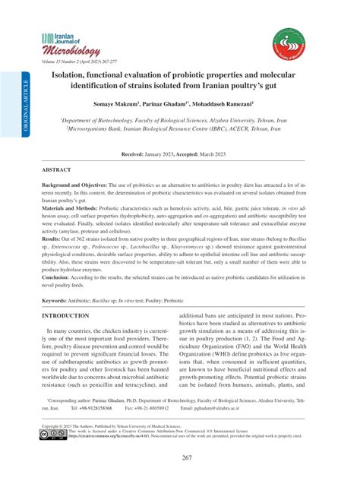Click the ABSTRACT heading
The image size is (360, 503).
click(60, 170)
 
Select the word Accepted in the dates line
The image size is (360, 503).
click(199, 153)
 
